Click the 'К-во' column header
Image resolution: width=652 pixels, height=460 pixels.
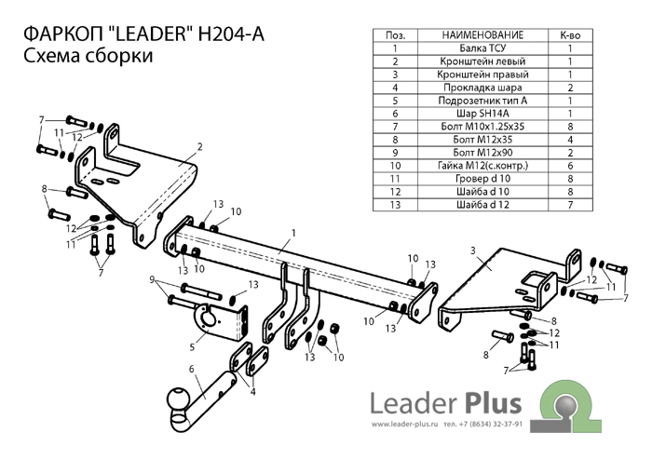569,34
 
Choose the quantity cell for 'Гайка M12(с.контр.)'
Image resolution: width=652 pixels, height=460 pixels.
569,165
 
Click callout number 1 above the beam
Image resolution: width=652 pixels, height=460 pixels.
292,232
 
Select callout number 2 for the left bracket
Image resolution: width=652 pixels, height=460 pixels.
199,146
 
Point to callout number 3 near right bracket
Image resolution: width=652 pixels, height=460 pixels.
473,250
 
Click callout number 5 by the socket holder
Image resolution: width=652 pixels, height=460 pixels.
191,346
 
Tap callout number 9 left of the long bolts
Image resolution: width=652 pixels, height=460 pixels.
152,279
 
